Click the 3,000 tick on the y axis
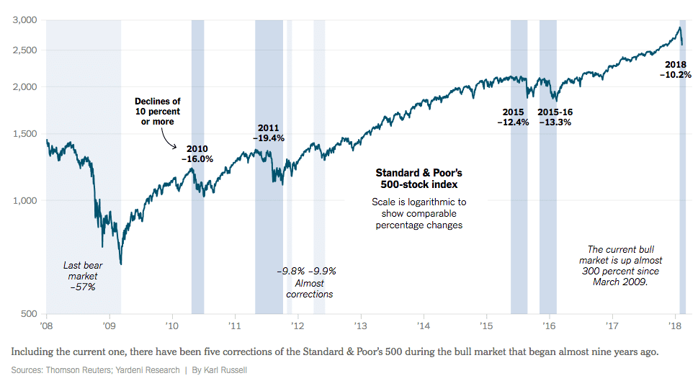click(27, 20)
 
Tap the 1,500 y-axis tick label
click(27, 134)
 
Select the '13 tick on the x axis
click(360, 326)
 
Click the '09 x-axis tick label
click(109, 326)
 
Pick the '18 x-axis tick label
click(676, 326)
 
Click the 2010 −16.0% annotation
click(197, 153)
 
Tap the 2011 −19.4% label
click(269, 133)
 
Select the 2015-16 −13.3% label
click(555, 117)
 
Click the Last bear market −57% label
click(82, 276)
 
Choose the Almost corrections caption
click(309, 289)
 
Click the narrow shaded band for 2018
click(682, 216)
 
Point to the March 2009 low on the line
click(121, 264)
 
